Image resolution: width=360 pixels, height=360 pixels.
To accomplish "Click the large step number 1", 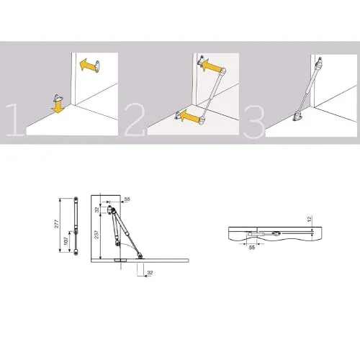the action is click(15, 120).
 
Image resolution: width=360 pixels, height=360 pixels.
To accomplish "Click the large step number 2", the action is click(135, 120).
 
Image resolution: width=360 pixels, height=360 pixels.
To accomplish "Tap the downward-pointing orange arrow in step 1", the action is click(58, 107).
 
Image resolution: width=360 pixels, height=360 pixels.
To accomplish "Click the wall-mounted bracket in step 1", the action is click(97, 66).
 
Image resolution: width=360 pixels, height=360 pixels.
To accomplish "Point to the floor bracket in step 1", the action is click(58, 97).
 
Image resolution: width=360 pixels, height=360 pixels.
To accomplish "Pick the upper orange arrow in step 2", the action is click(210, 66).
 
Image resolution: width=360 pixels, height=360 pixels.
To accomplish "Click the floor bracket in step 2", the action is click(178, 115).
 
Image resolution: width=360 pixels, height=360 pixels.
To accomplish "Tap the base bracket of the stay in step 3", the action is click(298, 117).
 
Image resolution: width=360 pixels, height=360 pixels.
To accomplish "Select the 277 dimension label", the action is click(57, 224).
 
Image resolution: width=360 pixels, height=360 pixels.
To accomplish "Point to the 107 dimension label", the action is click(66, 241).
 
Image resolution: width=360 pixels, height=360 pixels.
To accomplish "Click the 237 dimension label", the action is click(96, 235).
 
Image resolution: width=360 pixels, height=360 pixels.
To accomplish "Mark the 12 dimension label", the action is click(310, 219).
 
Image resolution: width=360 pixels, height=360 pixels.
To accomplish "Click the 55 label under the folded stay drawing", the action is click(252, 248).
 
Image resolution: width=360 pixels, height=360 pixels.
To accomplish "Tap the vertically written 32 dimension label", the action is click(97, 210).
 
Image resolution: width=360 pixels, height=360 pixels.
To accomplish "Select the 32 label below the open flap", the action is click(150, 273).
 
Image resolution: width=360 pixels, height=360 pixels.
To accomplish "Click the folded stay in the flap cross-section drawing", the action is click(264, 233).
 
